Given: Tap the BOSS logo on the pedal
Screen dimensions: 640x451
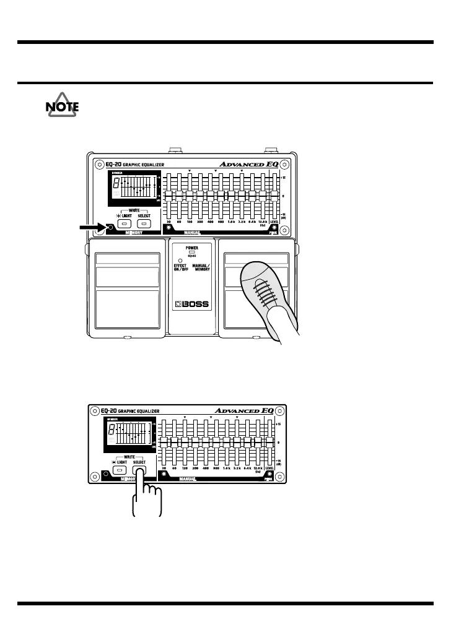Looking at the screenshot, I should point(190,305).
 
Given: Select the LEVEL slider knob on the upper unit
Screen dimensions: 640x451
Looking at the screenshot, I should point(274,196).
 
